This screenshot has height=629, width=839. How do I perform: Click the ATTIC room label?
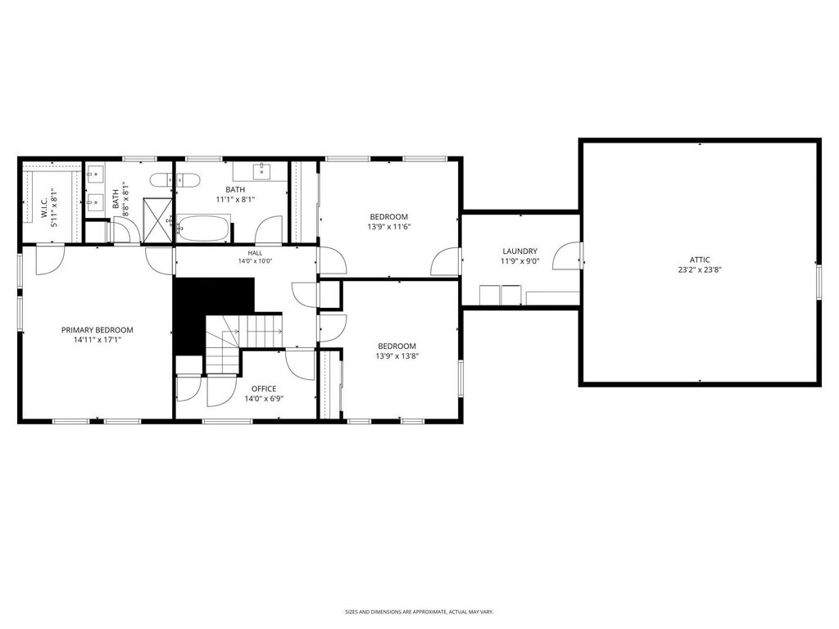pyautogui.click(x=700, y=260)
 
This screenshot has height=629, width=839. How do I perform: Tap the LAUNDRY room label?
pyautogui.click(x=519, y=251)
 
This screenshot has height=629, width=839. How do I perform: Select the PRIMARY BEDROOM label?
pyautogui.click(x=97, y=330)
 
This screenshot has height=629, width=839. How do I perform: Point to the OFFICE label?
pyautogui.click(x=264, y=389)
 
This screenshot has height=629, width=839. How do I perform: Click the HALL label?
pyautogui.click(x=256, y=253)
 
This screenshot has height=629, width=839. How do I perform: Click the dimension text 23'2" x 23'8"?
pyautogui.click(x=700, y=270)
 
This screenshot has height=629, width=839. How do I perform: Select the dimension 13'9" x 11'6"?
pyautogui.click(x=389, y=227)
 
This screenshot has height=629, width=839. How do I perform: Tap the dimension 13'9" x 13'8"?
pyautogui.click(x=397, y=356)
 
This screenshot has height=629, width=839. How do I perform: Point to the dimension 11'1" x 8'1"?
pyautogui.click(x=235, y=200)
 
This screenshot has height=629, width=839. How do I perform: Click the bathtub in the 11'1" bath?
pyautogui.click(x=204, y=228)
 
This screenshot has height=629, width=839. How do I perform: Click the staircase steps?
pyautogui.click(x=243, y=342)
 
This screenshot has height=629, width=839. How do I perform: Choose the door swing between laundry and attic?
pyautogui.click(x=567, y=256)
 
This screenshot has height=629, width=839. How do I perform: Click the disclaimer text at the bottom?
pyautogui.click(x=419, y=611)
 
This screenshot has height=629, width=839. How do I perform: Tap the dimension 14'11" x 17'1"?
pyautogui.click(x=97, y=340)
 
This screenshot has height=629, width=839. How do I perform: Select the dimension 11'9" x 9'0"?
pyautogui.click(x=519, y=261)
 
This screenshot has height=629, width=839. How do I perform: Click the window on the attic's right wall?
pyautogui.click(x=819, y=281)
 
